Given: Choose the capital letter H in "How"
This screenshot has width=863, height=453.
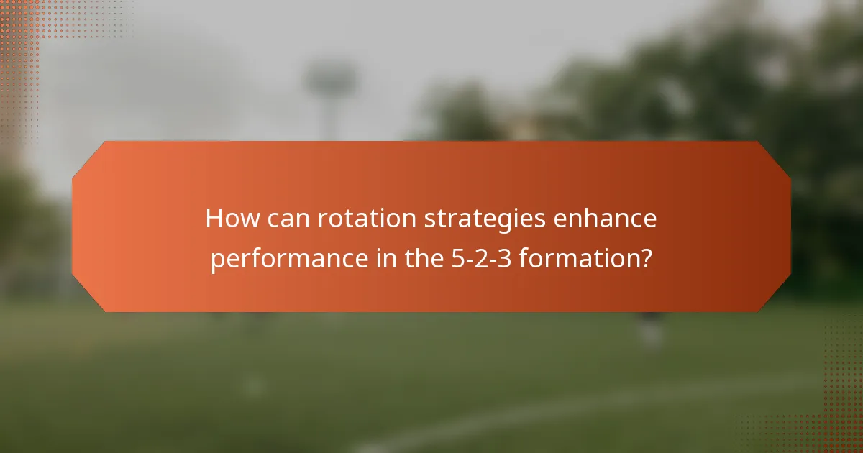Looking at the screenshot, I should [214, 219].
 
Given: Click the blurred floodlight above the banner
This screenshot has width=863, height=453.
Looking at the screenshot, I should [330, 83].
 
